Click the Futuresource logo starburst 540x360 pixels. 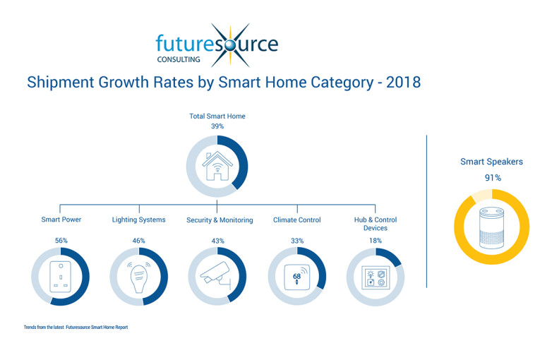point(230,45)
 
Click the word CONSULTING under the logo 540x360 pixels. point(179,59)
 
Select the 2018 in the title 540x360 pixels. point(403,83)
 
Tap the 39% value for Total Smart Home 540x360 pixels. point(217,126)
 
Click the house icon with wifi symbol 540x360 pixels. point(217,166)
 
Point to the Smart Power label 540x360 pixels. point(61,220)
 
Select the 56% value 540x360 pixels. point(61,241)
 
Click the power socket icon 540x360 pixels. point(60,277)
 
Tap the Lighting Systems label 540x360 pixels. point(138,220)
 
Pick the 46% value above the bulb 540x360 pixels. point(139,241)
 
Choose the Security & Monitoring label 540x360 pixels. point(220,220)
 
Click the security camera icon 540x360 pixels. point(215,275)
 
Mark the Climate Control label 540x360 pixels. point(297,220)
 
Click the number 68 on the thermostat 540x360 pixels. point(296,276)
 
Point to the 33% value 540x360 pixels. point(297,241)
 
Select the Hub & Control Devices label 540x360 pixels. point(376,224)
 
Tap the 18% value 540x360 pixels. point(376,241)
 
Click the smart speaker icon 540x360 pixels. point(492,227)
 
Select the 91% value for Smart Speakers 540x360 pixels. point(493,178)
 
